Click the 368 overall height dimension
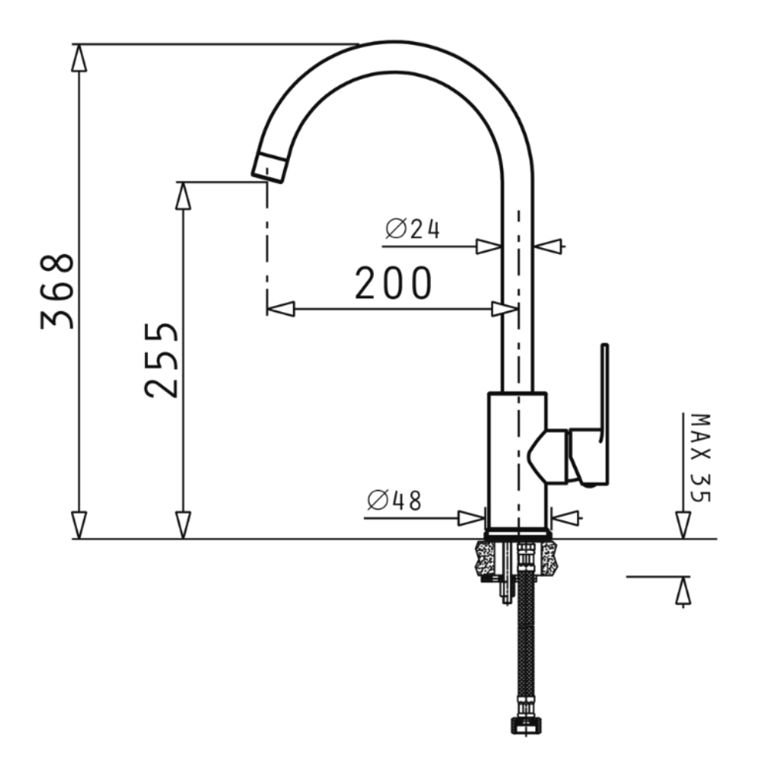pos(57,291)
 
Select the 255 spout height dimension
pos(162,359)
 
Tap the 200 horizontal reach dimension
pos(393,283)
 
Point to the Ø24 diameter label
pos(413,229)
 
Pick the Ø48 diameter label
pos(394,501)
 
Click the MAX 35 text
pos(701,458)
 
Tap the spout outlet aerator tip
pos(269,169)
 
